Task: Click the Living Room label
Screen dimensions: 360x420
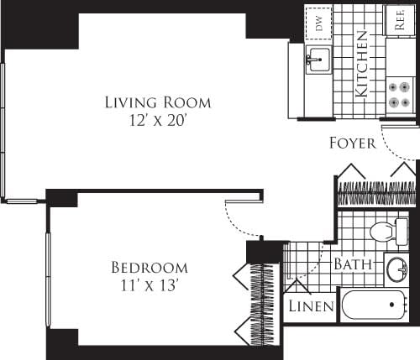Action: click(x=157, y=102)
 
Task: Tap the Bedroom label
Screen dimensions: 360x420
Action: click(x=150, y=268)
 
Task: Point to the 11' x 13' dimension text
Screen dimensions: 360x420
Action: click(x=150, y=284)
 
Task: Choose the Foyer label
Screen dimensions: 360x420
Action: click(x=352, y=143)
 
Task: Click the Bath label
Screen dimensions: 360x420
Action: click(x=353, y=263)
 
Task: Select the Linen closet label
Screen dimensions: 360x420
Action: click(x=312, y=306)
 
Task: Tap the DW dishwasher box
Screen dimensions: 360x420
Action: click(x=319, y=23)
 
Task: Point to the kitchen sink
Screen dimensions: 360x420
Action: click(x=318, y=60)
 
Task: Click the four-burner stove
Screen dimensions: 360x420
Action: click(x=400, y=94)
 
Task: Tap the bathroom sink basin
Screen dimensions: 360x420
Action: click(x=397, y=271)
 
